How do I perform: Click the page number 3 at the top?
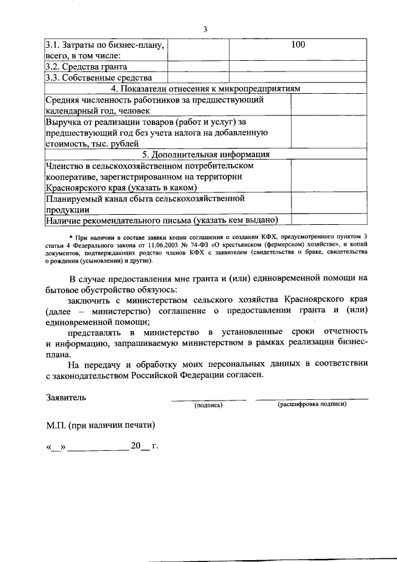pos(205,29)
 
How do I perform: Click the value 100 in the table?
pos(298,45)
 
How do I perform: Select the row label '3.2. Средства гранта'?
pos(87,66)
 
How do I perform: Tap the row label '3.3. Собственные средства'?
pos(99,78)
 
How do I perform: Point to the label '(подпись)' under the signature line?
pos(208,405)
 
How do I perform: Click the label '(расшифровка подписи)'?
pos(312,404)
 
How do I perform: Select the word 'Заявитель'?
pos(66,397)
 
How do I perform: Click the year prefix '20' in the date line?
pos(136,445)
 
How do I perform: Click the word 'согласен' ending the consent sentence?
pos(246,374)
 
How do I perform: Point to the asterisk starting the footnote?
pos(71,237)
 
